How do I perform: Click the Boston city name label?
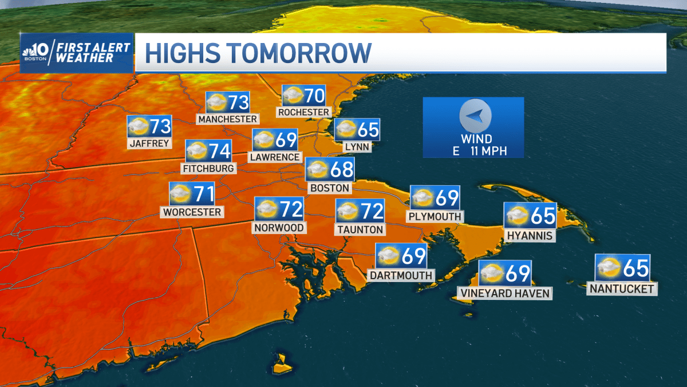[x=329, y=187]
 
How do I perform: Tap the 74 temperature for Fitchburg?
[x=219, y=151]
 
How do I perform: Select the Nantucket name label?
[x=622, y=289]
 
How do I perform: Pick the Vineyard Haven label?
[x=504, y=294]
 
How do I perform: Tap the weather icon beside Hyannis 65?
[x=516, y=215]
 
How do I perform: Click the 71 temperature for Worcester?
[x=203, y=194]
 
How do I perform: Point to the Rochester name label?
[x=303, y=112]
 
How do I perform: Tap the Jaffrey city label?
[x=150, y=143]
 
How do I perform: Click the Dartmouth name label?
[x=401, y=275]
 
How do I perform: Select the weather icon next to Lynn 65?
[x=346, y=130]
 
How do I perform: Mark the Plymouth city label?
[x=435, y=217]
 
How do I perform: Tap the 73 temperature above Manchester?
[x=238, y=103]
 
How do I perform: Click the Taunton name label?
[x=360, y=229]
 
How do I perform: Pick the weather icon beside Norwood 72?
[x=267, y=209]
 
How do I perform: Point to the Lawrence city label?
[x=274, y=157]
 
